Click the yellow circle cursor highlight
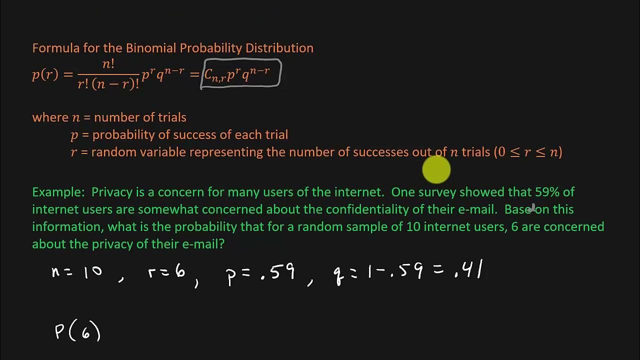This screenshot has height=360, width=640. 436,170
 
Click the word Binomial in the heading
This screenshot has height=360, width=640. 151,48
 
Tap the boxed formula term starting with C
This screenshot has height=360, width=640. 240,74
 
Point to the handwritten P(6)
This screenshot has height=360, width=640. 77,331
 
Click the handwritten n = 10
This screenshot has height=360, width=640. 77,272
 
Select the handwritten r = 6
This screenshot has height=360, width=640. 166,272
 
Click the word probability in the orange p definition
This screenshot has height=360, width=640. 123,135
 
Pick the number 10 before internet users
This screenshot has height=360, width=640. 413,226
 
